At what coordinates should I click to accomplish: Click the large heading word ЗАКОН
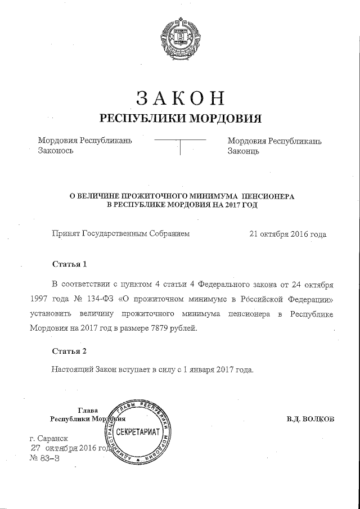click(x=181, y=97)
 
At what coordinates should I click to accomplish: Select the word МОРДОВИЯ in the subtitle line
click(x=224, y=119)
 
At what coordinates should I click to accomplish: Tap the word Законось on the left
click(x=56, y=151)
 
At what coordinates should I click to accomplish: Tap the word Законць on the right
click(x=243, y=151)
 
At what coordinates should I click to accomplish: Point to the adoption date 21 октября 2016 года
click(x=287, y=233)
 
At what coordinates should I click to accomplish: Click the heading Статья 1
click(x=70, y=263)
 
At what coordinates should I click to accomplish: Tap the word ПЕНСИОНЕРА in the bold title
click(x=264, y=195)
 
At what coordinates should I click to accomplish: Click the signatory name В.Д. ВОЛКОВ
click(x=310, y=419)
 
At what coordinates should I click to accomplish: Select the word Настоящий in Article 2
click(x=72, y=370)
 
